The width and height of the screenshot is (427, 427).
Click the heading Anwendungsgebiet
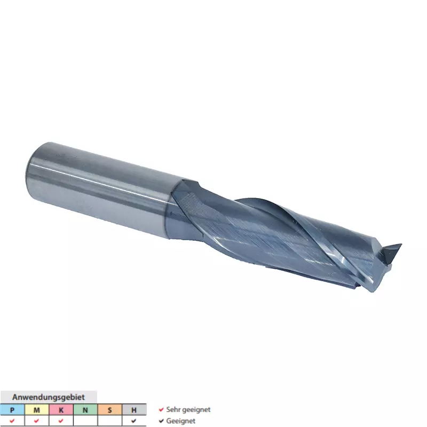49,397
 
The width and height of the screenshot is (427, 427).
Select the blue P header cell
12,409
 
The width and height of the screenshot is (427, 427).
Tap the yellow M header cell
37,409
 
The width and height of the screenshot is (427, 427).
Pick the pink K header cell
61,409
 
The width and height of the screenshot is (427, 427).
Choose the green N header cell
85,409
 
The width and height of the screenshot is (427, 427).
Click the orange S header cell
109,409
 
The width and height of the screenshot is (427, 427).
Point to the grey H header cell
134,409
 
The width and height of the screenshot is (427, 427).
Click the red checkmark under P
12,421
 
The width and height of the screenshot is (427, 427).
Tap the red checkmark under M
36,421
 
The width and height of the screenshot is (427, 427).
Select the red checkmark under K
61,421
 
